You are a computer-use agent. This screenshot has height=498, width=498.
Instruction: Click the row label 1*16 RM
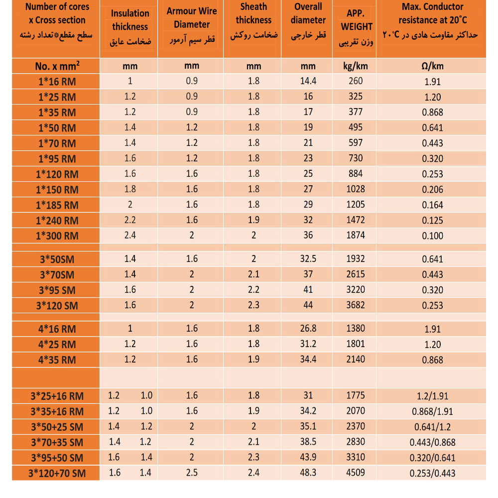tap(57, 82)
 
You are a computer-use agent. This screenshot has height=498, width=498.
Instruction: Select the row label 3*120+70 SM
tap(57, 474)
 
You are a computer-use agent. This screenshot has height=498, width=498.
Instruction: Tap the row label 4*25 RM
tap(57, 345)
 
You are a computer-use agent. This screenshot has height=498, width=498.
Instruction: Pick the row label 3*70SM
tap(57, 274)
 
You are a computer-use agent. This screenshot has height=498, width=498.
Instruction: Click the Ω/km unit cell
tap(432, 66)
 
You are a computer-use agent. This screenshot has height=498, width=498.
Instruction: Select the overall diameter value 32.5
tap(308, 259)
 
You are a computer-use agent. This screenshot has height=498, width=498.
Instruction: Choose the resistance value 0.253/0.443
tap(432, 474)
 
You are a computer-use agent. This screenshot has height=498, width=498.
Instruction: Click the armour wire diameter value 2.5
tap(192, 473)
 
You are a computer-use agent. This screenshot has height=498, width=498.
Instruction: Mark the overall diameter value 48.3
tap(308, 473)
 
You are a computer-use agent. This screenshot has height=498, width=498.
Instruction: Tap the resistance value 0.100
tap(432, 236)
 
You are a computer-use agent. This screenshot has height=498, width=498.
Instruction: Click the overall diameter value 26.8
tap(308, 329)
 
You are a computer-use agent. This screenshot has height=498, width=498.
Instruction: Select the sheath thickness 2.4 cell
tap(253, 473)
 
